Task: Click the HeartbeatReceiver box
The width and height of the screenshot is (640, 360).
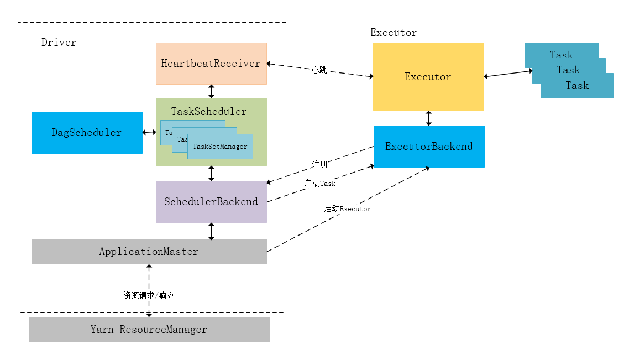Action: point(211,64)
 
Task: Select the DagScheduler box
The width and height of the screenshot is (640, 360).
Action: point(87,133)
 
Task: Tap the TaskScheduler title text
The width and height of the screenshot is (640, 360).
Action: point(209,112)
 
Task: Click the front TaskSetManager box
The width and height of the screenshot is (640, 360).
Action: point(220,147)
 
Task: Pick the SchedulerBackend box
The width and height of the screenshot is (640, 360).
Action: point(211,202)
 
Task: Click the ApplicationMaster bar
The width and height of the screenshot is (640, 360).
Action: point(149,252)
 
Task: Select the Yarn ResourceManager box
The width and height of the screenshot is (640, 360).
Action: point(149,330)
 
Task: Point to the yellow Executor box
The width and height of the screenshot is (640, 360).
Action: point(428,77)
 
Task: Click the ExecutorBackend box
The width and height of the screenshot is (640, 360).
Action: point(429,147)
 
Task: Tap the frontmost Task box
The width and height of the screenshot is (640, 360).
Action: point(577,86)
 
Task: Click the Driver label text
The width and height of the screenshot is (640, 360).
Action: point(59,43)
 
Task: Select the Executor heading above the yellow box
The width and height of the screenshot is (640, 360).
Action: point(394,33)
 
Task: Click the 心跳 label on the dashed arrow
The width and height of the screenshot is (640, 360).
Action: point(319,70)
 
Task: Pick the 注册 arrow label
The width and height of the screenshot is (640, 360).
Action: point(319,165)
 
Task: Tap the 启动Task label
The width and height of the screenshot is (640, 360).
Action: point(320,184)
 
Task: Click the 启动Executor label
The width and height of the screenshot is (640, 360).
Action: point(347,209)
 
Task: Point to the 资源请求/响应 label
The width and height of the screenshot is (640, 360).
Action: point(149,296)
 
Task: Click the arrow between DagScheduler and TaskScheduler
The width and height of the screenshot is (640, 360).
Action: point(149,132)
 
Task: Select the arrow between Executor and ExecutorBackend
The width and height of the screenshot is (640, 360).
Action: point(429,118)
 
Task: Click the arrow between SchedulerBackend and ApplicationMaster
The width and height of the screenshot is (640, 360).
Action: point(211,231)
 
